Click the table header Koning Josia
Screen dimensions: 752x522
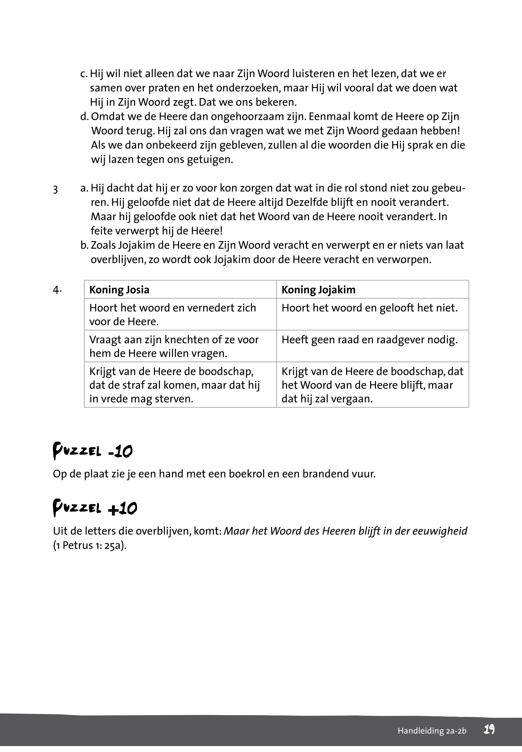click(119, 290)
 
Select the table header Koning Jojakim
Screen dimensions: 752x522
click(318, 290)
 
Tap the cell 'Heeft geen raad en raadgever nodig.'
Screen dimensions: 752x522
click(369, 340)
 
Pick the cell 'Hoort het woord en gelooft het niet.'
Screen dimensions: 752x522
click(369, 308)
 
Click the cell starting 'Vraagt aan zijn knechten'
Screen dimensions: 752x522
click(174, 346)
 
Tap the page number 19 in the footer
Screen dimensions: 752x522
click(489, 729)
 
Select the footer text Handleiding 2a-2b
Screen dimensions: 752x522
click(432, 731)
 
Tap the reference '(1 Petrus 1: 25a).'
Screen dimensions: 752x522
click(90, 545)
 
